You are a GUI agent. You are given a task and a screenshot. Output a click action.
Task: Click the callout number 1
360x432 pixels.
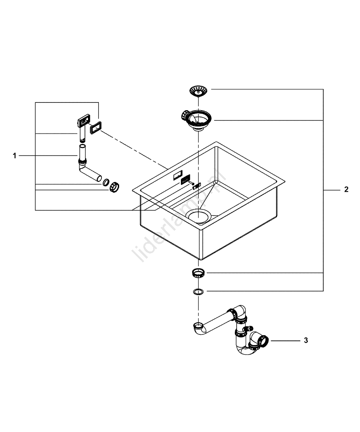click(x=15, y=156)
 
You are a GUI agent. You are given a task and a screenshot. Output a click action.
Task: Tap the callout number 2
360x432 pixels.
click(x=346, y=190)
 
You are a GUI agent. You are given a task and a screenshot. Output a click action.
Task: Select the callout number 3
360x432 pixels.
click(x=306, y=340)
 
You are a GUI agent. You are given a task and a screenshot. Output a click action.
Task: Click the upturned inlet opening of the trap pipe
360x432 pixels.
click(x=198, y=324)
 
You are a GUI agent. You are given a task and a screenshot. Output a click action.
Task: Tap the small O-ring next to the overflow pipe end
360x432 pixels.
click(x=105, y=182)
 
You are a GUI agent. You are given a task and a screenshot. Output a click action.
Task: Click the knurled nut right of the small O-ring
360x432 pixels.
click(x=114, y=187)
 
